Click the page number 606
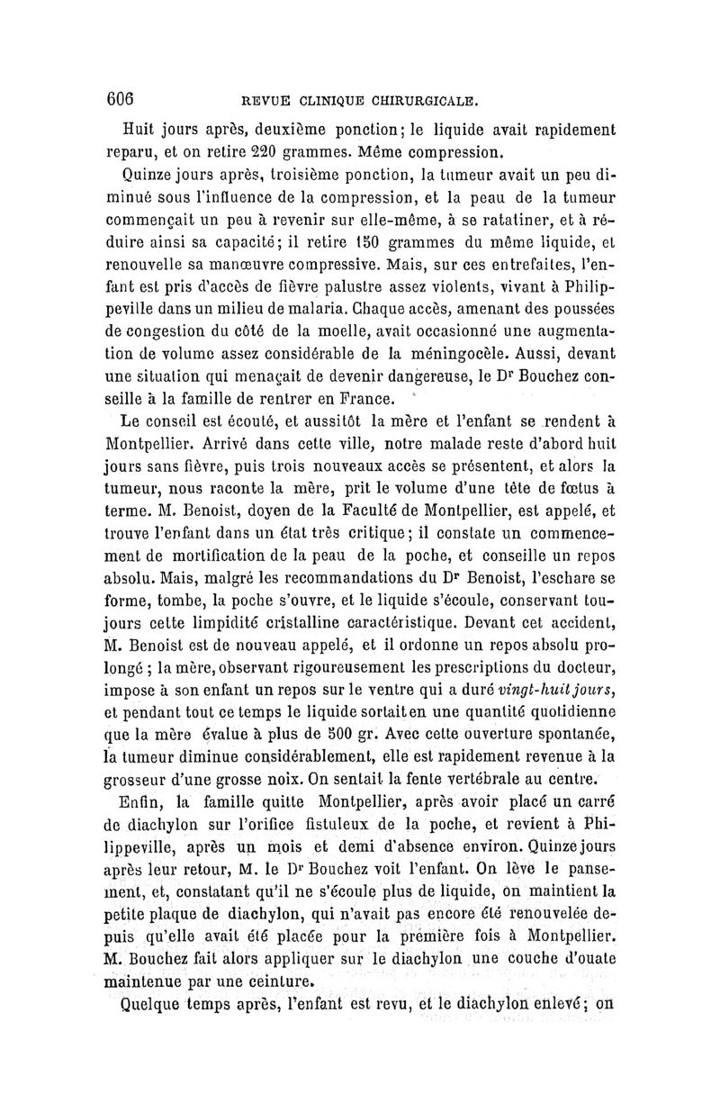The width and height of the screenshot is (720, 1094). click(x=120, y=96)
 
